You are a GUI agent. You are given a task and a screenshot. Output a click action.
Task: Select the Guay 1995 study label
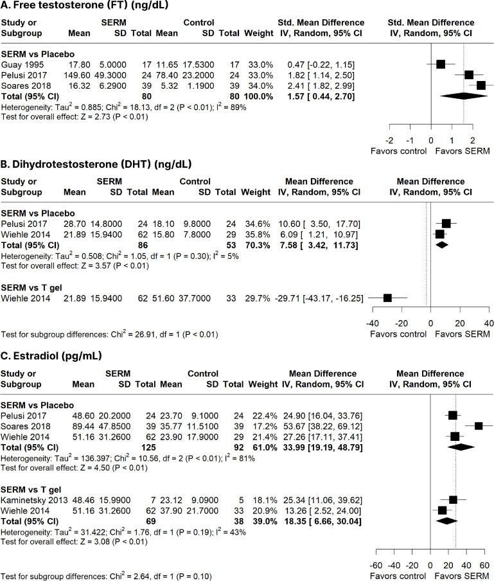coord(22,65)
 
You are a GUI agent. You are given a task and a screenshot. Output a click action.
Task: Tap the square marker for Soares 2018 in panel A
coord(481,85)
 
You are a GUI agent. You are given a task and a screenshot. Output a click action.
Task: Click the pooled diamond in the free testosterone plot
coord(464,96)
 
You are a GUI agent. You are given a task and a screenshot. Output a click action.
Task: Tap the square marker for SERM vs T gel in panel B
coord(387,298)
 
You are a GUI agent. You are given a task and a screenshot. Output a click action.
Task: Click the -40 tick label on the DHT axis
coord(372,323)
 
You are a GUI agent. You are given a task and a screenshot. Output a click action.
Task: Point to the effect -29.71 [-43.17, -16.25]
coord(319,298)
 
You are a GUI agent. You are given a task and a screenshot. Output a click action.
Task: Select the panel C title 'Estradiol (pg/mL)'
coord(57,356)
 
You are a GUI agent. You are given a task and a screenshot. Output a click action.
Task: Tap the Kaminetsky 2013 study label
coord(34,500)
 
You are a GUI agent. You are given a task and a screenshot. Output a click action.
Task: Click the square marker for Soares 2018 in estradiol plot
coord(479,426)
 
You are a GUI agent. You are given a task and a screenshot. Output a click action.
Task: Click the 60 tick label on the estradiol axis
coord(484,566)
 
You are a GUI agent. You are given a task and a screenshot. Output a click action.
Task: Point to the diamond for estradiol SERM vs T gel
coord(447,521)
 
